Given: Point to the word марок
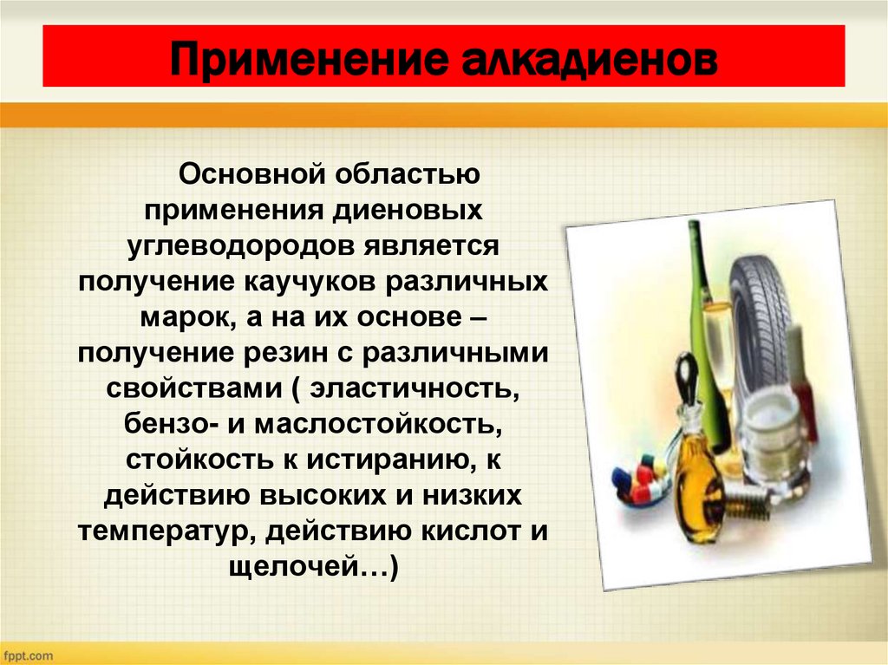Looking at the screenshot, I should coord(180,317).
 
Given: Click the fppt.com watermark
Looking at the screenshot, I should coord(28,655).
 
